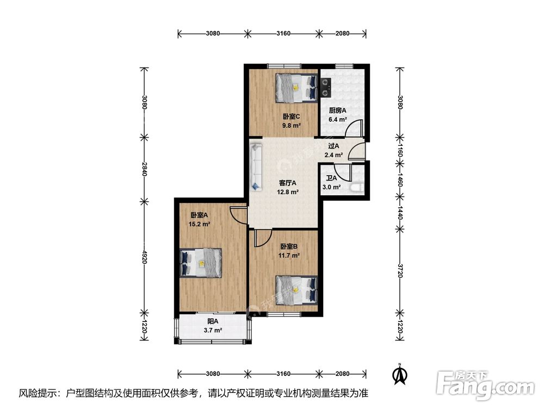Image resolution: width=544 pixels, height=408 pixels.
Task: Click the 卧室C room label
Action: tap(291, 116)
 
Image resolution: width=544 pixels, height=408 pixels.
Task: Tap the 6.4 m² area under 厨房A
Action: tap(338, 119)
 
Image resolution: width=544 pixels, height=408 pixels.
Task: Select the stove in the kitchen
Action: tap(325, 87)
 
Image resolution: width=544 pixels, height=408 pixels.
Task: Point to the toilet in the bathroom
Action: tap(357, 188)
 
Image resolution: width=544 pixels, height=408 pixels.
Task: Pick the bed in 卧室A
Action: tap(201, 263)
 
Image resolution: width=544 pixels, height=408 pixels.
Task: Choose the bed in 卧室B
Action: tap(296, 290)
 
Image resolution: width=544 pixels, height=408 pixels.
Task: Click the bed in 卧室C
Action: tap(296, 88)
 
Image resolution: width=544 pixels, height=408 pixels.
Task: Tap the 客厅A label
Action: tap(288, 182)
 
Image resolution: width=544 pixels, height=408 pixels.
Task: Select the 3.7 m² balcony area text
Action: tap(213, 330)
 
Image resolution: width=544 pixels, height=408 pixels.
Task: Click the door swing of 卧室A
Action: tap(238, 215)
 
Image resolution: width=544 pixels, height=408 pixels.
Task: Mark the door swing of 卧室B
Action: tap(263, 238)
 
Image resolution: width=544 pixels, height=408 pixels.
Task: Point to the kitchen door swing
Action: tap(354, 128)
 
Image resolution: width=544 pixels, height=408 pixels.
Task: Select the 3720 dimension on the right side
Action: tap(400, 270)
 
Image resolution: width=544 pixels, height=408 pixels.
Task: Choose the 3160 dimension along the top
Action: tap(283, 33)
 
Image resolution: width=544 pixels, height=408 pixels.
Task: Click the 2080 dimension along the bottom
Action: tap(342, 374)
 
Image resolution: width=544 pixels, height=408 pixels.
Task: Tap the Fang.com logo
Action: tap(485, 385)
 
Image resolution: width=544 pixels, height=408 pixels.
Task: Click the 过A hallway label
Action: tap(334, 146)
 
